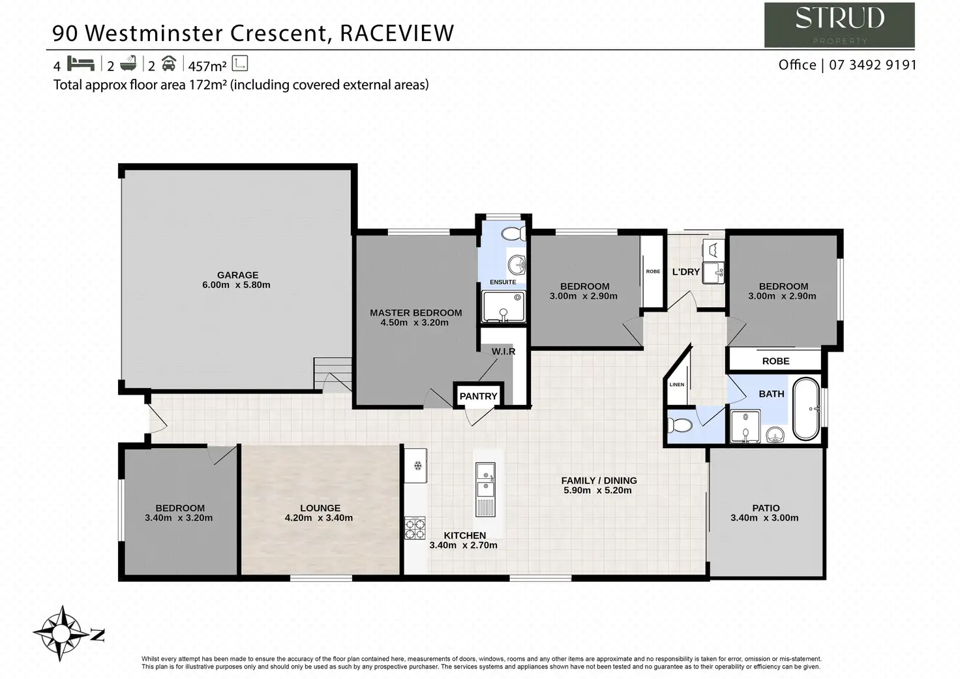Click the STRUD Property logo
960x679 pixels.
click(x=839, y=25)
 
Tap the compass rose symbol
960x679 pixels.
click(x=61, y=633)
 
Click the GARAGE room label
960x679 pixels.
click(x=237, y=275)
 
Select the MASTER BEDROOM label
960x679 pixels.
click(x=415, y=313)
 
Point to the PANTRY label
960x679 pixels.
click(x=478, y=396)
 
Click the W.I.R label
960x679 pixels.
click(x=503, y=352)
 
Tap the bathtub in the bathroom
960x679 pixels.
click(x=806, y=408)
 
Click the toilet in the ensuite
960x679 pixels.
click(x=513, y=234)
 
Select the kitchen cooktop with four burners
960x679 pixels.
click(x=415, y=528)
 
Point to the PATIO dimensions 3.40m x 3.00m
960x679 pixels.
click(x=764, y=518)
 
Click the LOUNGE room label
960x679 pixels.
click(x=320, y=508)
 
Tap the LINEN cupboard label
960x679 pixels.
click(x=677, y=385)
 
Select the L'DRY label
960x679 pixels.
click(x=685, y=272)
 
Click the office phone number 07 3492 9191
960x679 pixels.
click(x=873, y=65)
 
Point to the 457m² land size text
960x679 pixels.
click(x=207, y=67)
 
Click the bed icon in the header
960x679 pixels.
click(x=81, y=63)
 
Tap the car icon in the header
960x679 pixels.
click(x=169, y=63)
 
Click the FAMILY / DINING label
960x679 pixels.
click(x=599, y=481)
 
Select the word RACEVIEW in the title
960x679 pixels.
click(x=397, y=33)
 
